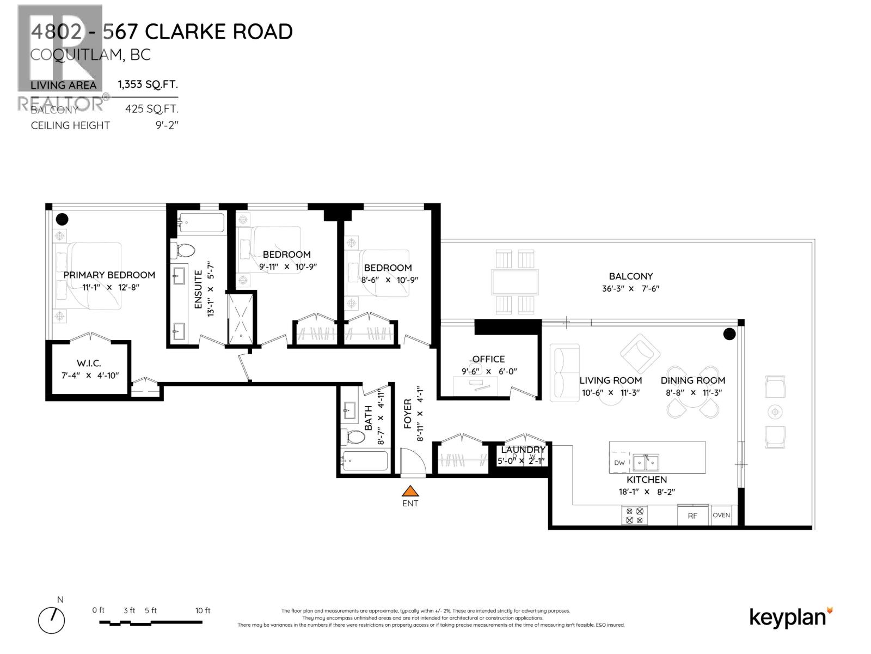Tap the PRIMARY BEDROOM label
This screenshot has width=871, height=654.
(x=109, y=275)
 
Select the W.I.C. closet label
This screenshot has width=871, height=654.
(x=89, y=364)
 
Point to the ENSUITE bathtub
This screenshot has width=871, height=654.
(x=201, y=223)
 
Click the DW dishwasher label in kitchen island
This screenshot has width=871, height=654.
(x=619, y=463)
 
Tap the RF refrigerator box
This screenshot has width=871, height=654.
(x=692, y=516)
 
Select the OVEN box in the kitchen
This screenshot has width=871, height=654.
(x=721, y=515)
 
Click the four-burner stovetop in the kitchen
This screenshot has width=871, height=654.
(x=635, y=516)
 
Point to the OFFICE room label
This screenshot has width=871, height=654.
(x=488, y=359)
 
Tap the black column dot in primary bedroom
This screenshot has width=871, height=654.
(x=63, y=219)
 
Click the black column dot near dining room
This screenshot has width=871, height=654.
(x=729, y=334)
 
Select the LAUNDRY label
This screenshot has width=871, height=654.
(x=523, y=450)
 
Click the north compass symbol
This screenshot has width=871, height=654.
(x=52, y=619)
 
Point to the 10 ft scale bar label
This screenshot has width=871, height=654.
(x=203, y=610)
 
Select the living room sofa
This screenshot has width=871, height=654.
(x=564, y=373)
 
